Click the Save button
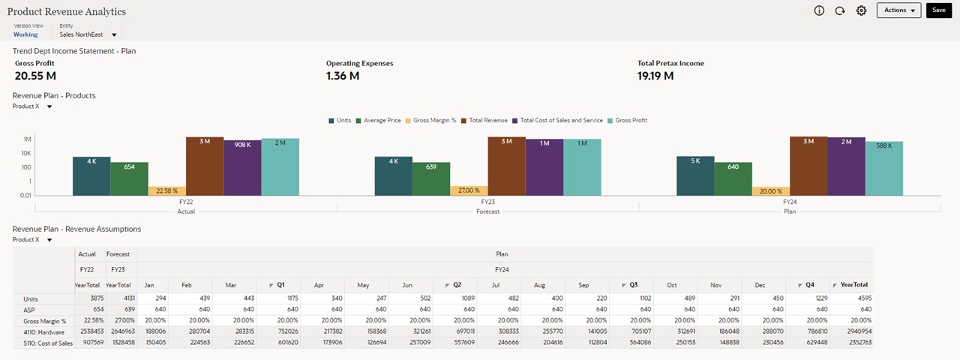click(938, 10)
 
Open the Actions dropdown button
click(898, 10)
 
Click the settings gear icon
click(861, 10)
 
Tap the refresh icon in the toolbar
click(840, 10)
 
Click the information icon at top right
click(819, 10)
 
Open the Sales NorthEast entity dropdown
click(114, 34)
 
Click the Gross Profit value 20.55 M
click(35, 76)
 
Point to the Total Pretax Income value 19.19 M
click(655, 76)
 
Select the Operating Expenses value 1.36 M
click(342, 76)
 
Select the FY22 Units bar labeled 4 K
click(91, 176)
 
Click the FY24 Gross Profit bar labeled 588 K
click(883, 168)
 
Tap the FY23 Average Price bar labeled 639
click(431, 178)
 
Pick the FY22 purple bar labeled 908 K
click(242, 167)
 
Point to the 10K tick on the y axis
click(26, 153)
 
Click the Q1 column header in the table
click(278, 285)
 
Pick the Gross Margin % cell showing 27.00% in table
click(118, 321)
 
